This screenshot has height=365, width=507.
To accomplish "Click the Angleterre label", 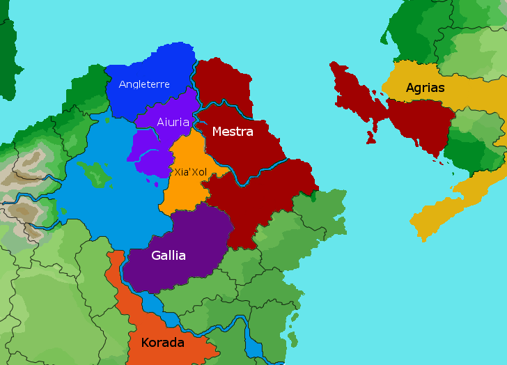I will [144, 84].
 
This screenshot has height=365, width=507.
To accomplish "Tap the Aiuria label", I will [173, 122].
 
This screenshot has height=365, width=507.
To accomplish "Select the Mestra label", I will [232, 131].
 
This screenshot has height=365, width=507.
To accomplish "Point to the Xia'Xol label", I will [190, 171].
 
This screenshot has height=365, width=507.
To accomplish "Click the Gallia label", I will [169, 256].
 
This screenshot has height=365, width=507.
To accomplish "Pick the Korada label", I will [162, 343].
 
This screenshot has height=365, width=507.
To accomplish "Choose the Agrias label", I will [425, 88].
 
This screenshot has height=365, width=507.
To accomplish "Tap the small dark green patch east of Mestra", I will [313, 197].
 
